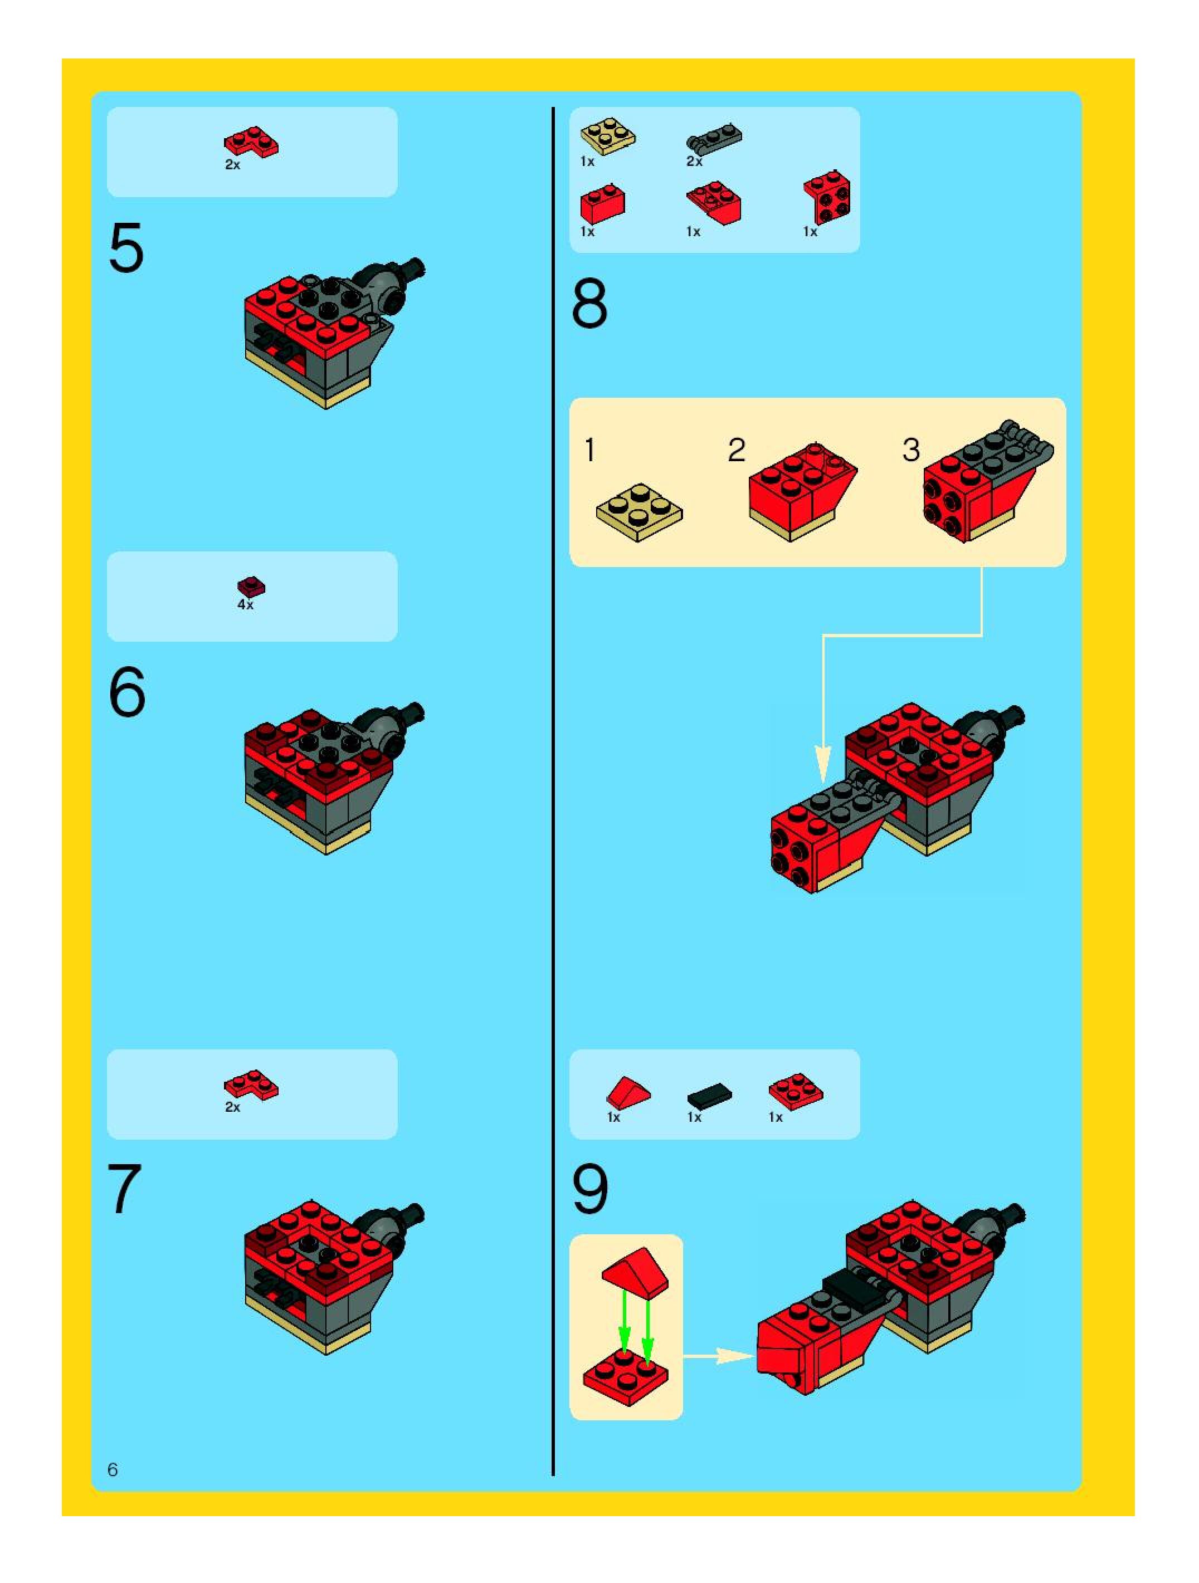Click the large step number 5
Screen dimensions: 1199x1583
(x=126, y=248)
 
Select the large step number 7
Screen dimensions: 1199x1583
(x=125, y=1189)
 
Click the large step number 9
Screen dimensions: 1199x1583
(x=590, y=1189)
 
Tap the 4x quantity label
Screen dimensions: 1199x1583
(x=246, y=605)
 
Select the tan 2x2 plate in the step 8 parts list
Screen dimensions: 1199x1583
(x=608, y=136)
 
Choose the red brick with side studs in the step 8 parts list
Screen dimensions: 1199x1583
(x=827, y=197)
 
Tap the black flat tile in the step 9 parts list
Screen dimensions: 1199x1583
(x=709, y=1095)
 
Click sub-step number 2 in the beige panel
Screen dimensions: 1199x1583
(x=737, y=450)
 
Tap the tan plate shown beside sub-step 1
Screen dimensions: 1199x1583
(x=639, y=512)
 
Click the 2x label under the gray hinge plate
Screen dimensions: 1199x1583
(x=694, y=162)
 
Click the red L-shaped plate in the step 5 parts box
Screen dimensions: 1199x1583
(x=251, y=143)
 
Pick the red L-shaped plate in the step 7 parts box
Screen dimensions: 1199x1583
(x=251, y=1085)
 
